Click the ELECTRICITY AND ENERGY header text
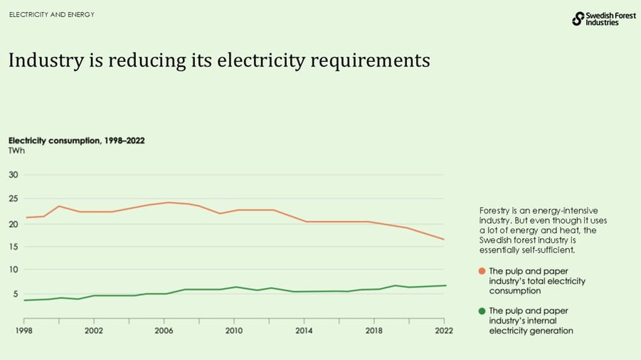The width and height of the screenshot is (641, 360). (51, 15)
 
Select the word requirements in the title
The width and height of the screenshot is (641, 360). (370, 61)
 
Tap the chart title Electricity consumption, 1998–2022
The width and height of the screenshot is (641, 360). (76, 140)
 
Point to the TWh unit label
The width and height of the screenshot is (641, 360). (16, 151)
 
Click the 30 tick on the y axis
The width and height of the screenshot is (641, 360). (13, 175)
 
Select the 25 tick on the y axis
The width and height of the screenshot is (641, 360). (13, 198)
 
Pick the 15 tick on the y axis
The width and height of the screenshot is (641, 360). (13, 246)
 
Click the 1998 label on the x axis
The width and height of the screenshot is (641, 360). (25, 331)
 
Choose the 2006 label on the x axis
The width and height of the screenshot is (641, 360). (164, 331)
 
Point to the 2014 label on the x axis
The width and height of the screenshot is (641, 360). (304, 331)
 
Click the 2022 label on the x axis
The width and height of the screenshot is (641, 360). (443, 331)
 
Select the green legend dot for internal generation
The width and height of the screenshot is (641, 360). (482, 311)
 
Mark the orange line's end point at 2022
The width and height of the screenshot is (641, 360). (444, 239)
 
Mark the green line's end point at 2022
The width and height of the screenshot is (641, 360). (445, 285)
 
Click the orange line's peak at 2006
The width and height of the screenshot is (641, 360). (168, 202)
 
